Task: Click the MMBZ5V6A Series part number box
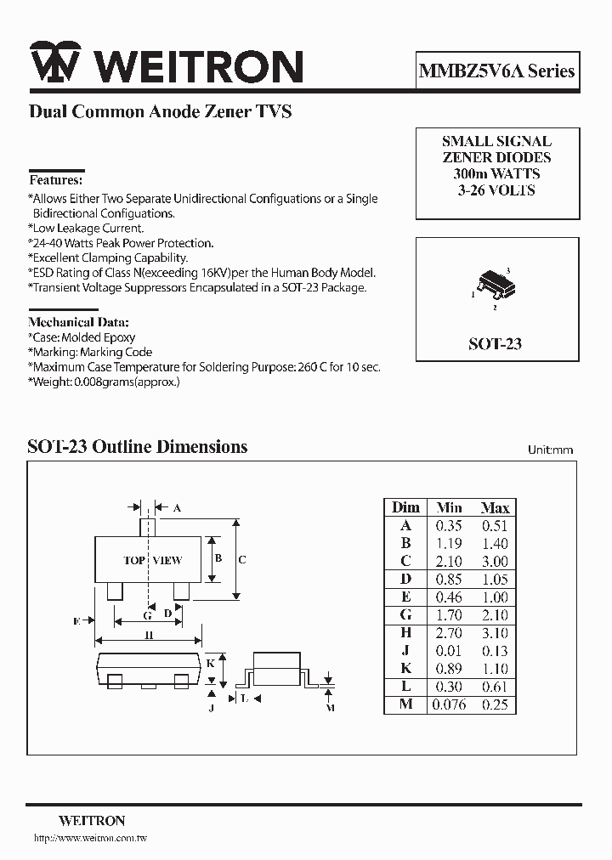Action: point(497,71)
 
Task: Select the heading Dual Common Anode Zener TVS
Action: point(161,111)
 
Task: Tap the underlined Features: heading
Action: point(56,180)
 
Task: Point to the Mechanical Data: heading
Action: point(78,322)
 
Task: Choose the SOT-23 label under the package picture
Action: point(495,343)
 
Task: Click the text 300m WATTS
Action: point(496,173)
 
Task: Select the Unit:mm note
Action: point(550,450)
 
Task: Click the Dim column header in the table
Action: point(405,507)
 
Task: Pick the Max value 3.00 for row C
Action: point(495,561)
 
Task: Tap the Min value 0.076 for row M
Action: point(449,704)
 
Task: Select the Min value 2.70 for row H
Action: point(449,632)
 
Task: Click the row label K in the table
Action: point(405,669)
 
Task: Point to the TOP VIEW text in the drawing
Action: point(153,560)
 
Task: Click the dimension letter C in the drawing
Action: point(242,560)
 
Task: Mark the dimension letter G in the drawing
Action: point(147,614)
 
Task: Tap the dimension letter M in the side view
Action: point(331,707)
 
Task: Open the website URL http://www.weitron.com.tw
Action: point(90,839)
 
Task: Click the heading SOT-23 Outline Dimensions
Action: point(138,446)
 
